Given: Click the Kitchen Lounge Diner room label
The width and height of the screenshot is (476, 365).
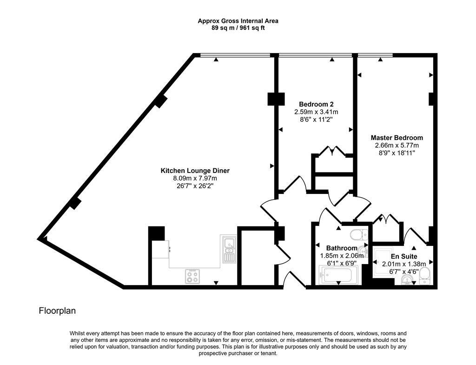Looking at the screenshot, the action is tap(195, 171).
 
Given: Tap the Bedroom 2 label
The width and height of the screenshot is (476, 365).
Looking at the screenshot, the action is tap(316, 104).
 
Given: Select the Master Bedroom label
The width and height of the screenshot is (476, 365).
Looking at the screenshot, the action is tap(397, 138).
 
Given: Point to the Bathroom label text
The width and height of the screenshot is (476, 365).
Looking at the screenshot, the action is tap(342, 248).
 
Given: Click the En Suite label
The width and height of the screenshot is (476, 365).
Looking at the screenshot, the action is tap(404, 256).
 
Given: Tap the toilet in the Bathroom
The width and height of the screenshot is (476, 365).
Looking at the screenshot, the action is tap(359, 234).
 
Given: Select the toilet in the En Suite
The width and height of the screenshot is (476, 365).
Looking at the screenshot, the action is tap(424, 276).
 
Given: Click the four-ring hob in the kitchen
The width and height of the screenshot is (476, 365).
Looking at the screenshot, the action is tap(192, 276).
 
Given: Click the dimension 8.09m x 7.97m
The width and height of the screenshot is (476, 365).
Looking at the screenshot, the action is tap(195, 178).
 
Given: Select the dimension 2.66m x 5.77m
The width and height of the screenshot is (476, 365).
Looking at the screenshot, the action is tap(397, 145).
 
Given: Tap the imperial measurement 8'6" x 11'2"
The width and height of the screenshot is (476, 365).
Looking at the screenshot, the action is tap(316, 119).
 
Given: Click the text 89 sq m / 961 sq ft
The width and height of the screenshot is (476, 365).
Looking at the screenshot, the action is tap(238, 28).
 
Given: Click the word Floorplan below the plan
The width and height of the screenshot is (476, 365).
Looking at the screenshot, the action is tap(57, 311).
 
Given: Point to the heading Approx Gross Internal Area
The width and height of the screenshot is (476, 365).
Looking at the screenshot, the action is tap(238, 21).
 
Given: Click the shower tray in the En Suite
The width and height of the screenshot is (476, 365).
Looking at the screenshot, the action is tap(383, 261).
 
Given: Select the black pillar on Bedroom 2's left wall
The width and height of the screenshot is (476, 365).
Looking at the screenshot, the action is tap(276, 99).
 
